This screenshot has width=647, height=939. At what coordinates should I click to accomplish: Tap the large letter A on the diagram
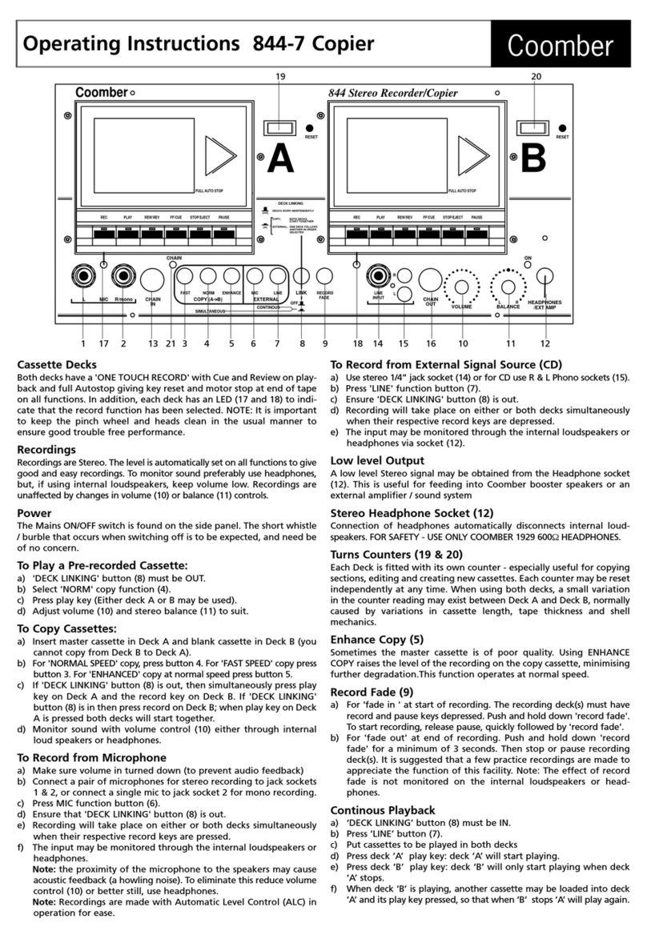click(280, 157)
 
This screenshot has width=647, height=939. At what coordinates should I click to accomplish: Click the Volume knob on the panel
click(462, 287)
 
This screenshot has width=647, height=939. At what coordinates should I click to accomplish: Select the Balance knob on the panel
click(508, 287)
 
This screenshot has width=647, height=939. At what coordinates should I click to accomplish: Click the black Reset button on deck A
click(309, 128)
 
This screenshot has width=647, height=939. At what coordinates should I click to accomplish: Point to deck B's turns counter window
click(530, 127)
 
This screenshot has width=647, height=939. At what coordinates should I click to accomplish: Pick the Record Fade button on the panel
click(325, 277)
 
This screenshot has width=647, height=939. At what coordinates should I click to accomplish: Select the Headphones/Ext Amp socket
click(545, 278)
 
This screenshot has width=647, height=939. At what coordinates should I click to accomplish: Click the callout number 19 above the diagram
click(280, 77)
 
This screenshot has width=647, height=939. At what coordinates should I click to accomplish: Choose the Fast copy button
click(184, 277)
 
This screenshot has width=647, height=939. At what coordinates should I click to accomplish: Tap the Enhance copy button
click(231, 277)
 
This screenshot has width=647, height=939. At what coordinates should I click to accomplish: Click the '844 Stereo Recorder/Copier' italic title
click(393, 93)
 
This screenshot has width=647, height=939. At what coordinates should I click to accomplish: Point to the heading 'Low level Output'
click(380, 460)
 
